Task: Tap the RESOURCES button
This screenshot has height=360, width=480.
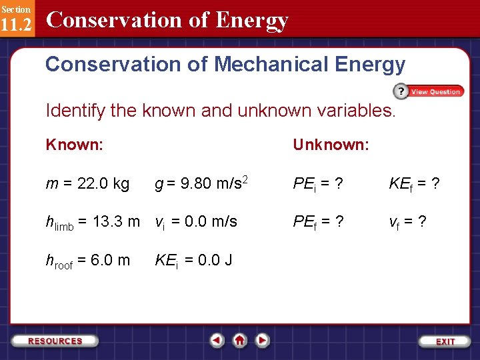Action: (x=55, y=341)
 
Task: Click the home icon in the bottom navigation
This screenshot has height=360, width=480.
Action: (x=240, y=341)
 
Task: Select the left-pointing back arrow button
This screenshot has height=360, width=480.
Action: (x=217, y=341)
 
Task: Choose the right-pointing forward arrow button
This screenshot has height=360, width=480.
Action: (x=263, y=341)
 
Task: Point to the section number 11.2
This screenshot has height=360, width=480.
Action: (x=16, y=26)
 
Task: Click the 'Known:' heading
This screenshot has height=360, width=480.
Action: (x=74, y=145)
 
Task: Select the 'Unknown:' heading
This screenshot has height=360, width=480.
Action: (x=331, y=145)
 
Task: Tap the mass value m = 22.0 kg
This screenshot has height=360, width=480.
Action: (x=87, y=183)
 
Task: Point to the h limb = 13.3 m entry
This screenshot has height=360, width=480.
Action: (x=93, y=222)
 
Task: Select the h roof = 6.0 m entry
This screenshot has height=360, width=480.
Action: (x=87, y=261)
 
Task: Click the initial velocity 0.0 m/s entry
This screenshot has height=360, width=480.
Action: (x=196, y=222)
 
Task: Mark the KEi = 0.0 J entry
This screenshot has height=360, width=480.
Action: (x=193, y=261)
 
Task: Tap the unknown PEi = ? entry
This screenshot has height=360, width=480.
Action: (x=317, y=183)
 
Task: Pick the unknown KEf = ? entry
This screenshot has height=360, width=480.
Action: (x=413, y=183)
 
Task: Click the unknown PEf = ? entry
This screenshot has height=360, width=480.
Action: (x=318, y=222)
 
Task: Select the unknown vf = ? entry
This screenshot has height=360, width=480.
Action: (x=408, y=222)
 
